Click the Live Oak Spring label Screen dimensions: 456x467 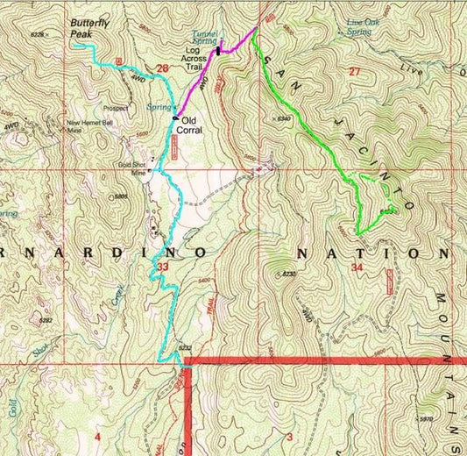365,27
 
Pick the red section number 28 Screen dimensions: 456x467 161,68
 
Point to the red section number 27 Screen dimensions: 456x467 355,71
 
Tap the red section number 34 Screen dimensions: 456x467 356,267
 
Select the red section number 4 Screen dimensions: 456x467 97,436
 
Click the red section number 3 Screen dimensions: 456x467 287,435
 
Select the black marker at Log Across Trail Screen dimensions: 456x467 217,53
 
